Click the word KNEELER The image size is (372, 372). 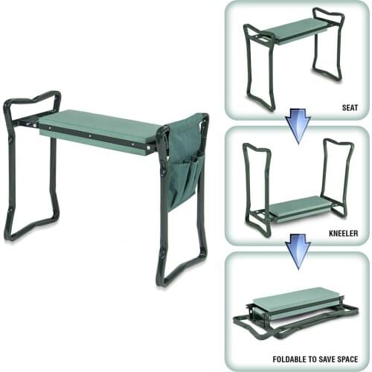click(344, 233)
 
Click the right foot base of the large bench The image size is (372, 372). click(182, 272)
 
